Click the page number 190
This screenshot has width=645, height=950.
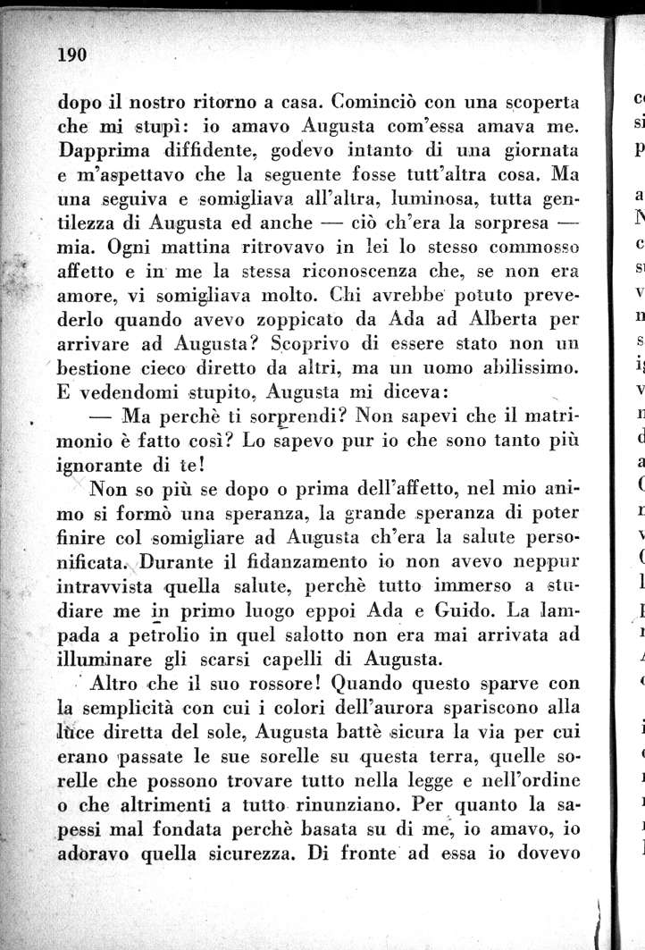[x=71, y=55]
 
